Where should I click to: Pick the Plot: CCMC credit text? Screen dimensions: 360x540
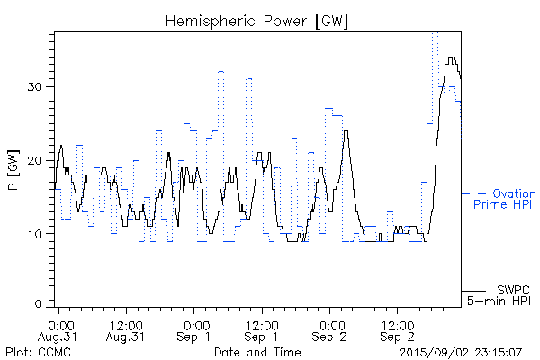(x=38, y=352)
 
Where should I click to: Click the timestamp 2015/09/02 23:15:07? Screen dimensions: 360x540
(x=460, y=352)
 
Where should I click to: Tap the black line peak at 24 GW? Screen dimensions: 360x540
(x=346, y=131)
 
